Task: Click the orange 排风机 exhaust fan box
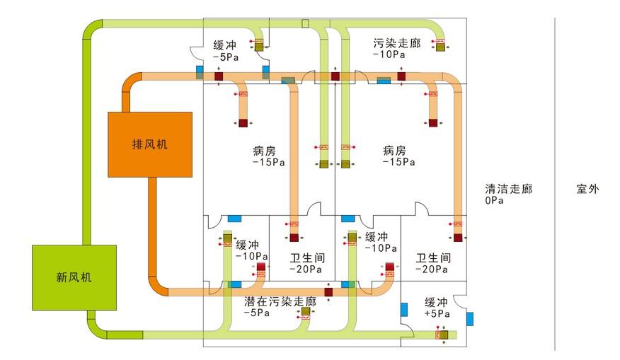click(x=150, y=144)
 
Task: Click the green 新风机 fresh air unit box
click(x=74, y=277)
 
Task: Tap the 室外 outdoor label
click(x=587, y=189)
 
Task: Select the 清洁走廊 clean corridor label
click(x=508, y=189)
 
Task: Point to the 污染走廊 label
click(x=396, y=42)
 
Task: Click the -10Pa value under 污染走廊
click(x=389, y=54)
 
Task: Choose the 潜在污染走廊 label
click(x=280, y=301)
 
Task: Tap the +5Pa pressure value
click(x=437, y=314)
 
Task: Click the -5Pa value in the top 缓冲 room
click(x=225, y=57)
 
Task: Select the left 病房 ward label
click(x=264, y=151)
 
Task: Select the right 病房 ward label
click(x=394, y=151)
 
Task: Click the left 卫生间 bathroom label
click(x=307, y=258)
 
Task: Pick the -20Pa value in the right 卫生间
click(x=432, y=269)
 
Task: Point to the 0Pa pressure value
click(x=494, y=200)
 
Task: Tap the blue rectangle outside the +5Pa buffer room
click(x=470, y=319)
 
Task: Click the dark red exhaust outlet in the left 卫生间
click(x=294, y=238)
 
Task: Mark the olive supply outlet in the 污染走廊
click(x=440, y=47)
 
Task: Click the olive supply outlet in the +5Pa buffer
click(x=444, y=335)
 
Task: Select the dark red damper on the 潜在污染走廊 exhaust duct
click(x=328, y=292)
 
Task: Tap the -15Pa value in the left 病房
click(x=268, y=163)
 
